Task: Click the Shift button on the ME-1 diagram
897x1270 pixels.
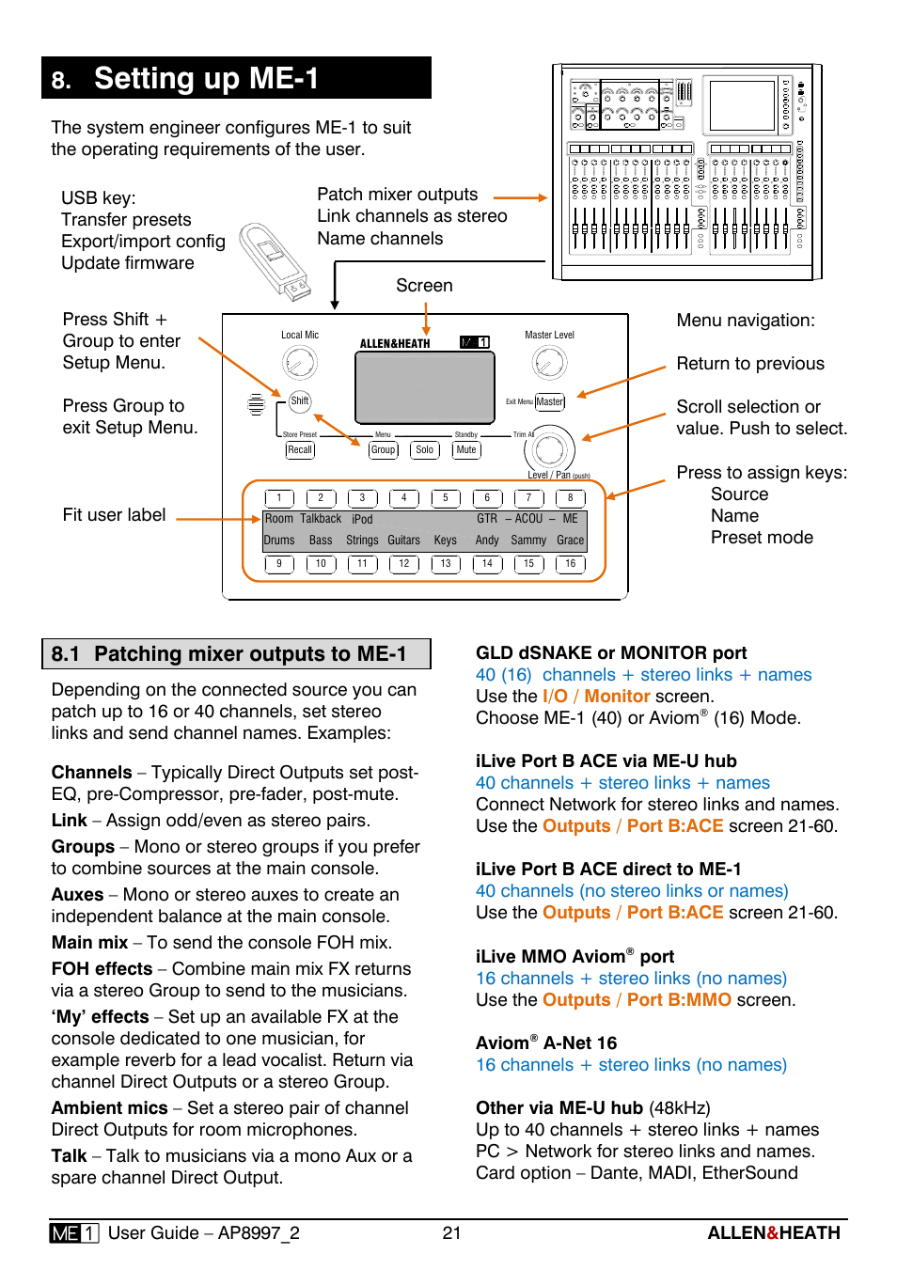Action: click(300, 401)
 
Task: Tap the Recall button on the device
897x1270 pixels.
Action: click(300, 450)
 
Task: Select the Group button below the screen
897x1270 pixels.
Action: click(384, 450)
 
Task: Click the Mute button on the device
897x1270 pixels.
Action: click(466, 450)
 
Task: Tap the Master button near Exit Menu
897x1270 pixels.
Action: click(550, 402)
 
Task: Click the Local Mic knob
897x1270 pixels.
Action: click(300, 363)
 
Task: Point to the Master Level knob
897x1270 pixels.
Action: click(550, 363)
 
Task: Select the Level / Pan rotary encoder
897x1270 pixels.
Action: click(550, 449)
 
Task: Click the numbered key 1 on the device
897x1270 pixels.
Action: click(279, 498)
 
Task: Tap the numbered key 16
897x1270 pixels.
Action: click(571, 564)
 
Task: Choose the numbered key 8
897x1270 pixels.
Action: click(571, 498)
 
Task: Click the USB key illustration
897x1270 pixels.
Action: click(275, 260)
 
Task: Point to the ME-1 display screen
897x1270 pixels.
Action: click(425, 387)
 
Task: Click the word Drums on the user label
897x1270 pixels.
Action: click(279, 541)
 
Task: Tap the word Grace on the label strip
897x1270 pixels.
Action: click(571, 541)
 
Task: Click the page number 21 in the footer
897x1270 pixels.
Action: click(451, 1233)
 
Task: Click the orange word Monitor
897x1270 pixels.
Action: click(617, 697)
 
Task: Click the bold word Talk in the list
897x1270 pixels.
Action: click(69, 1156)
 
